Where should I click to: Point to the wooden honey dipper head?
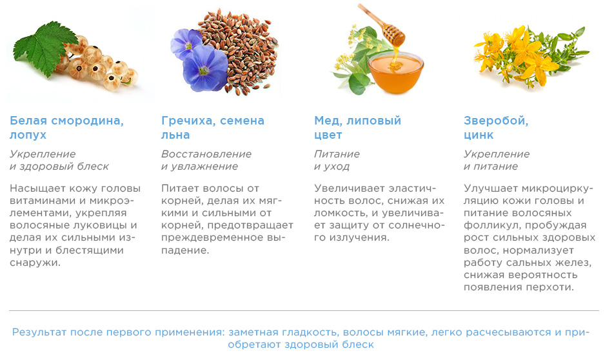point(393,34)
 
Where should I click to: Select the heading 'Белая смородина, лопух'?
point(66,127)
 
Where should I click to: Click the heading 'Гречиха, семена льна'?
point(213,127)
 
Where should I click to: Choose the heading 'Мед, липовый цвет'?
point(358,127)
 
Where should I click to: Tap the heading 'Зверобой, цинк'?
point(496,127)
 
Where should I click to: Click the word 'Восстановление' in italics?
point(206,154)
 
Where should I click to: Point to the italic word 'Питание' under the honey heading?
point(337,154)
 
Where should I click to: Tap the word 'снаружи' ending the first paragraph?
point(35,263)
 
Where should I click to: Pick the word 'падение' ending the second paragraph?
point(185,250)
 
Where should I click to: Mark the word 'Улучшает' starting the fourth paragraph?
point(491,188)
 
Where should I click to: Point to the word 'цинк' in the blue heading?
point(479,135)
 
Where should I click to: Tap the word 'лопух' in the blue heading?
point(28,135)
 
